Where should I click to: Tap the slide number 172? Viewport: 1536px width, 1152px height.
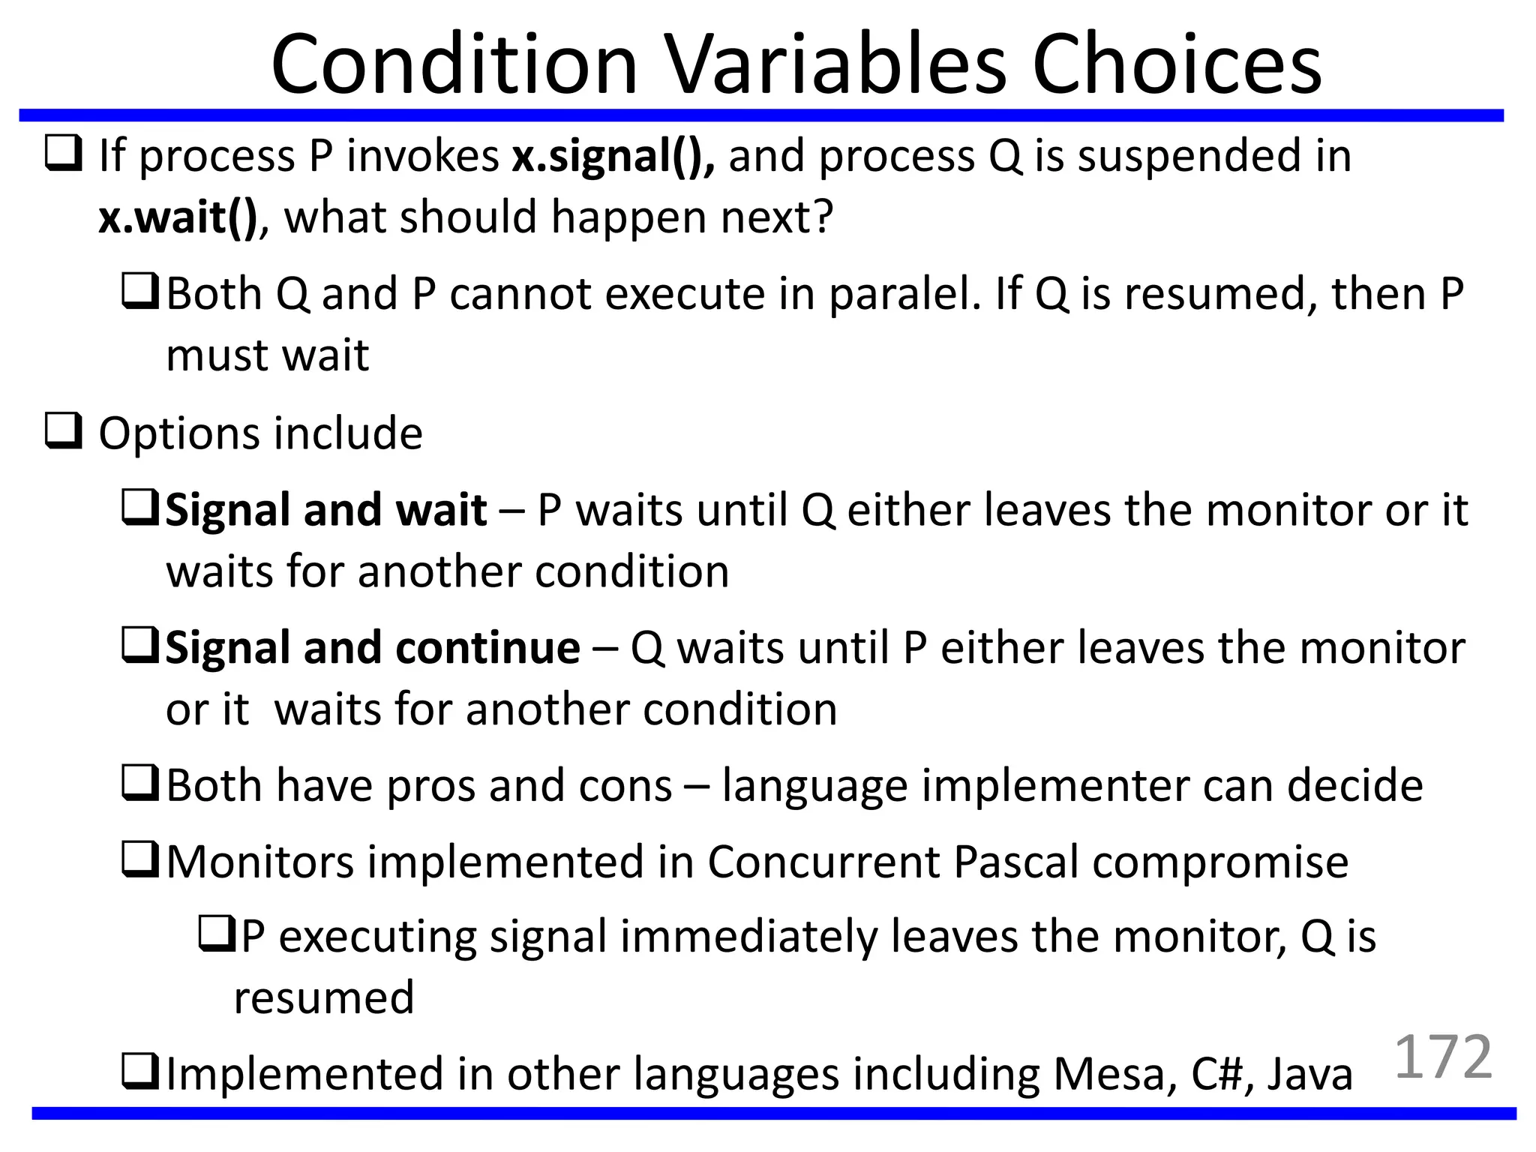pyautogui.click(x=1443, y=1057)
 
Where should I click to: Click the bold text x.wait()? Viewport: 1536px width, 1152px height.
pyautogui.click(x=178, y=217)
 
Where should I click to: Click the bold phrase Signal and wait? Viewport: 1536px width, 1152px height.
pyautogui.click(x=326, y=510)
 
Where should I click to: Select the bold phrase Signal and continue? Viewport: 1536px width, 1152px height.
pyautogui.click(x=373, y=647)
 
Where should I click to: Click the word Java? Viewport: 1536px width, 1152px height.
pyautogui.click(x=1309, y=1074)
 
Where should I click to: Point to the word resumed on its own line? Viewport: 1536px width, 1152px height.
pyautogui.click(x=323, y=997)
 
